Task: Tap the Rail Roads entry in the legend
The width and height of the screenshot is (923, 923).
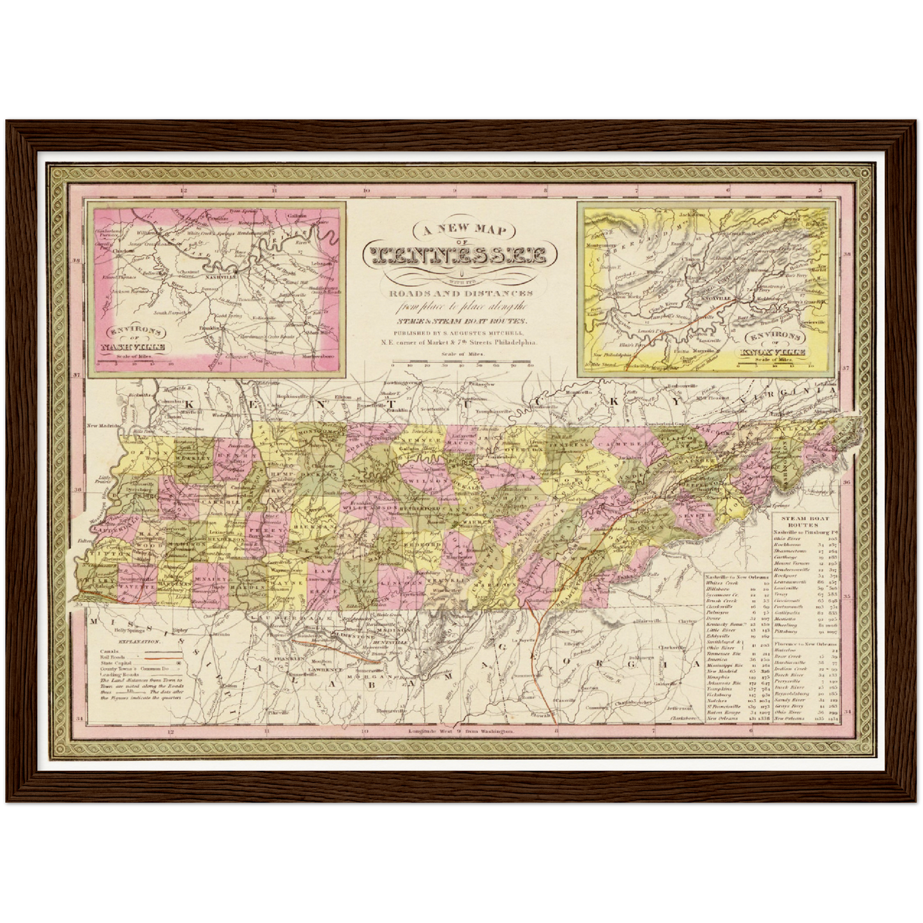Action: point(112,655)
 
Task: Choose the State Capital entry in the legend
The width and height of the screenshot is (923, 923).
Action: point(115,663)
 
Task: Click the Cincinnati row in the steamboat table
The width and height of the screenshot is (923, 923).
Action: point(787,601)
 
